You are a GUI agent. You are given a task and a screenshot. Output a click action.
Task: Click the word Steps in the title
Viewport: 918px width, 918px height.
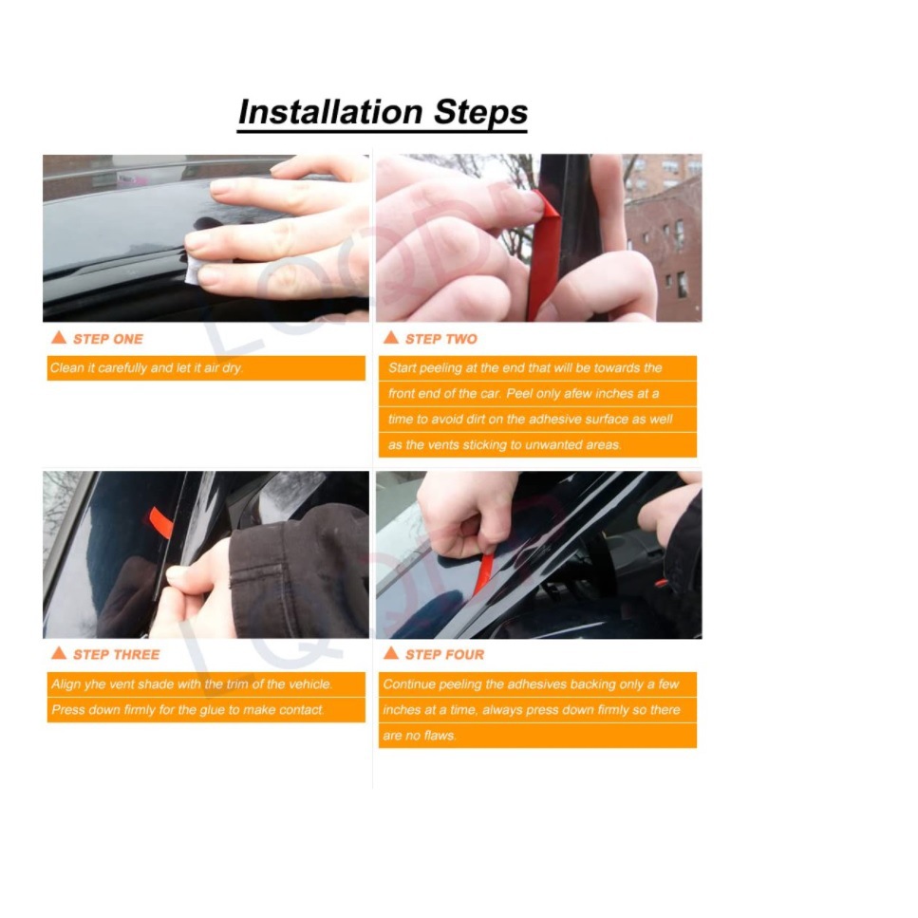[x=480, y=112]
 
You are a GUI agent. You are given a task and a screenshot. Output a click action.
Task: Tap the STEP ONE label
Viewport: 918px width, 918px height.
[x=107, y=339]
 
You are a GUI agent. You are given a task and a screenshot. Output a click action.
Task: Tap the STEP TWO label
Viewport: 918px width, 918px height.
[x=440, y=339]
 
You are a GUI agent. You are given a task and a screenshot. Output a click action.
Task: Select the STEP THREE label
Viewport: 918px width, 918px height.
[x=116, y=654]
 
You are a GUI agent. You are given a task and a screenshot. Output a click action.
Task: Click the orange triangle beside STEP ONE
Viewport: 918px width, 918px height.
[x=59, y=338]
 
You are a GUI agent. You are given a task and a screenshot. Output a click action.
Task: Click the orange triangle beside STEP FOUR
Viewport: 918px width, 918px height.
[x=390, y=653]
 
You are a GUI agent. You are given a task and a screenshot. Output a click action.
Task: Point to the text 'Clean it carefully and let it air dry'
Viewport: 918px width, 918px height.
[x=147, y=367]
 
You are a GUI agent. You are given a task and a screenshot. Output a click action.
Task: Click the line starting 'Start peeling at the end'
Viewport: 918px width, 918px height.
[x=525, y=367]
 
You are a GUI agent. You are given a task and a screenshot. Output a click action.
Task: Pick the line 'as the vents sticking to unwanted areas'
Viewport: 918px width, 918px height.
[x=504, y=444]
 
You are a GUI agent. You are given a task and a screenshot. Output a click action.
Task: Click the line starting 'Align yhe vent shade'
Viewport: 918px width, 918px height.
[x=193, y=684]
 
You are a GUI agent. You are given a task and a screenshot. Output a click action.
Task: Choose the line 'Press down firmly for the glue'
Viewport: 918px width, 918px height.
[x=188, y=709]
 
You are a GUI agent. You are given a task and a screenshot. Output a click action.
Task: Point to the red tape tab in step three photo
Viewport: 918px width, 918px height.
[x=159, y=521]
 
